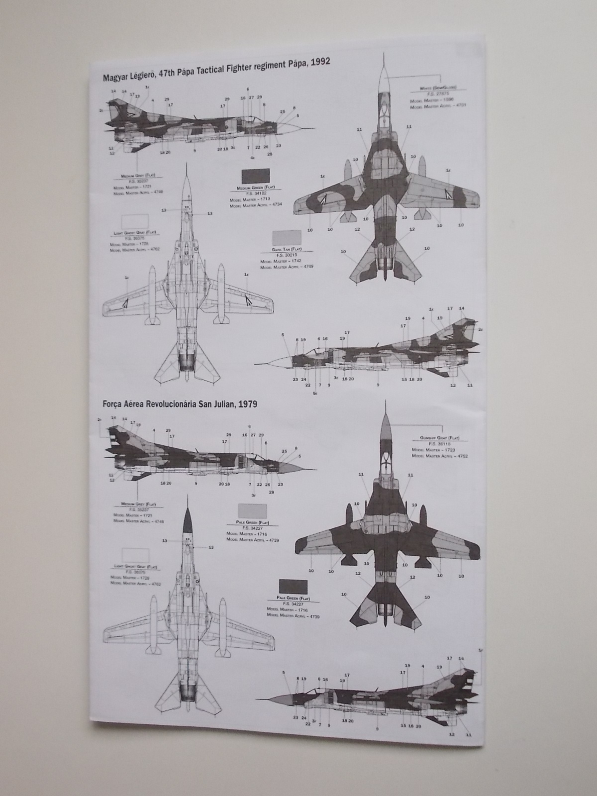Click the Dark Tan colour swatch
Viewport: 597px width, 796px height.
287,238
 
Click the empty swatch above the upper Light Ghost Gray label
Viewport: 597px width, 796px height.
135,221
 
